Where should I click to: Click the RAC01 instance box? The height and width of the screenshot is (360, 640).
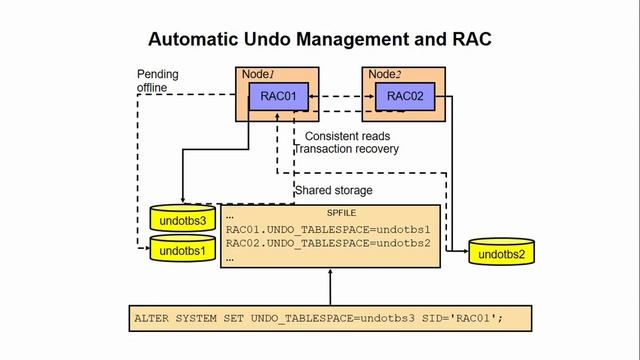(x=277, y=97)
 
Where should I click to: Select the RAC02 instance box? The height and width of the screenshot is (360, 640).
(x=404, y=97)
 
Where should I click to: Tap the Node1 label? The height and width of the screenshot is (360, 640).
(x=258, y=75)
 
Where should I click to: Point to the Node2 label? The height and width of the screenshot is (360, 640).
(x=384, y=75)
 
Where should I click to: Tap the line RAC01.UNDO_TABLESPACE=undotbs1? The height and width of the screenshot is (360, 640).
(x=328, y=229)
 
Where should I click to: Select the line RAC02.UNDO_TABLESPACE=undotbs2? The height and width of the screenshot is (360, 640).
(x=328, y=243)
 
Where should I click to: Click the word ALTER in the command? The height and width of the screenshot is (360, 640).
(x=153, y=319)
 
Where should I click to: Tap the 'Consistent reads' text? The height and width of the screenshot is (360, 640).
(x=347, y=136)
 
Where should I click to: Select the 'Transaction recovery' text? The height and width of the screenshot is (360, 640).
(x=346, y=149)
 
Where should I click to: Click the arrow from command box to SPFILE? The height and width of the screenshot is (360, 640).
(x=329, y=289)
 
